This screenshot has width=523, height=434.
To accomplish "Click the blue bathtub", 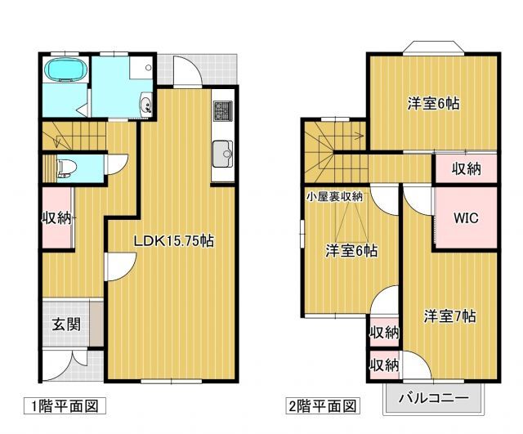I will click(x=63, y=72).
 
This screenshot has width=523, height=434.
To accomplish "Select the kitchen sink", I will click(x=223, y=153).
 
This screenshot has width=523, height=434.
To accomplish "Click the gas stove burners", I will click(x=223, y=110).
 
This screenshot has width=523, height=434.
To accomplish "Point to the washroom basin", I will click(x=145, y=103).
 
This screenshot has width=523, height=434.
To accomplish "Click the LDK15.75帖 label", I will click(x=175, y=241).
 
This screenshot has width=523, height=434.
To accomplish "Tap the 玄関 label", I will click(x=66, y=323).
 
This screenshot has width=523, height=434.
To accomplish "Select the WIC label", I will click(x=466, y=218).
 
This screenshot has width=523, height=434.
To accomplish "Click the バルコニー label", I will click(x=434, y=400).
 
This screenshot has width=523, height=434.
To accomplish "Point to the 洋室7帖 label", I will click(x=449, y=316).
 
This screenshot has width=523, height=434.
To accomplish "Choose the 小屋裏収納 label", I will click(x=335, y=196).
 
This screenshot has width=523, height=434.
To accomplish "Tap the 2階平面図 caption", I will click(x=321, y=405).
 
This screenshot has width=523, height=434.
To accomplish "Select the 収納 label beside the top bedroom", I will click(x=466, y=169).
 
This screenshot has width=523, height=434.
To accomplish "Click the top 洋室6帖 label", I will click(x=433, y=104).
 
